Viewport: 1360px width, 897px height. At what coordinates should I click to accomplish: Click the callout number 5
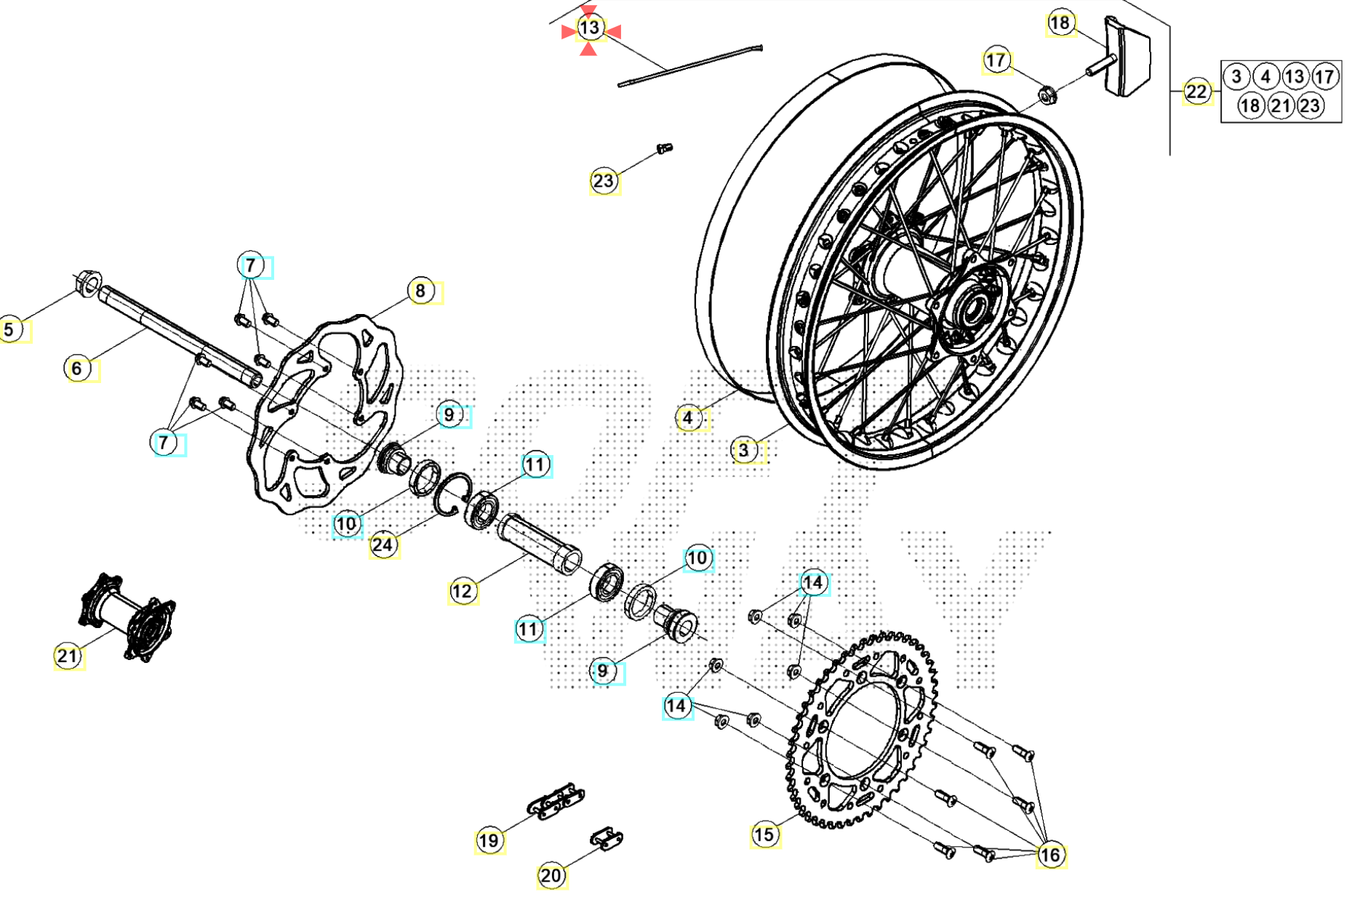pos(9,329)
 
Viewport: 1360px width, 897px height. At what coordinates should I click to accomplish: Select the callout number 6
pos(77,369)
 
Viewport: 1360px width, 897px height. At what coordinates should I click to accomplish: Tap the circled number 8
pos(420,291)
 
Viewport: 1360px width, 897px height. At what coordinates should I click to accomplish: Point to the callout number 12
pos(463,591)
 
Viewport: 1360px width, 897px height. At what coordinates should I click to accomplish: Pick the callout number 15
pos(764,834)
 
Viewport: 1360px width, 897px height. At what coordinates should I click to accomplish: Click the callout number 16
pos(1050,855)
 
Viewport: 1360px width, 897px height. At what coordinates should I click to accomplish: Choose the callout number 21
pos(68,656)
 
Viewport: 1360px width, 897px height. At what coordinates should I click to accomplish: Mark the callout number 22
pos(1196,92)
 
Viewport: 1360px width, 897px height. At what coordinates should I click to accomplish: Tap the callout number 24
pos(383,544)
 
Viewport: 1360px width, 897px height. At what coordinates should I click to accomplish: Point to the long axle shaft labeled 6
pos(175,334)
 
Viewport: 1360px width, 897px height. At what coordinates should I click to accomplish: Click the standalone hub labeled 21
pos(127,618)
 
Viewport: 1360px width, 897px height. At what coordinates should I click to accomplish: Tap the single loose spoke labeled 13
pos(689,65)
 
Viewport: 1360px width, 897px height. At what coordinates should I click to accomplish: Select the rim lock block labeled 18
pos(1127,57)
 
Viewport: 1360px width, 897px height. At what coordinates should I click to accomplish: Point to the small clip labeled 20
pos(606,840)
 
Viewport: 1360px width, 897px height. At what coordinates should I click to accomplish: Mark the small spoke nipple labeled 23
pos(664,148)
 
